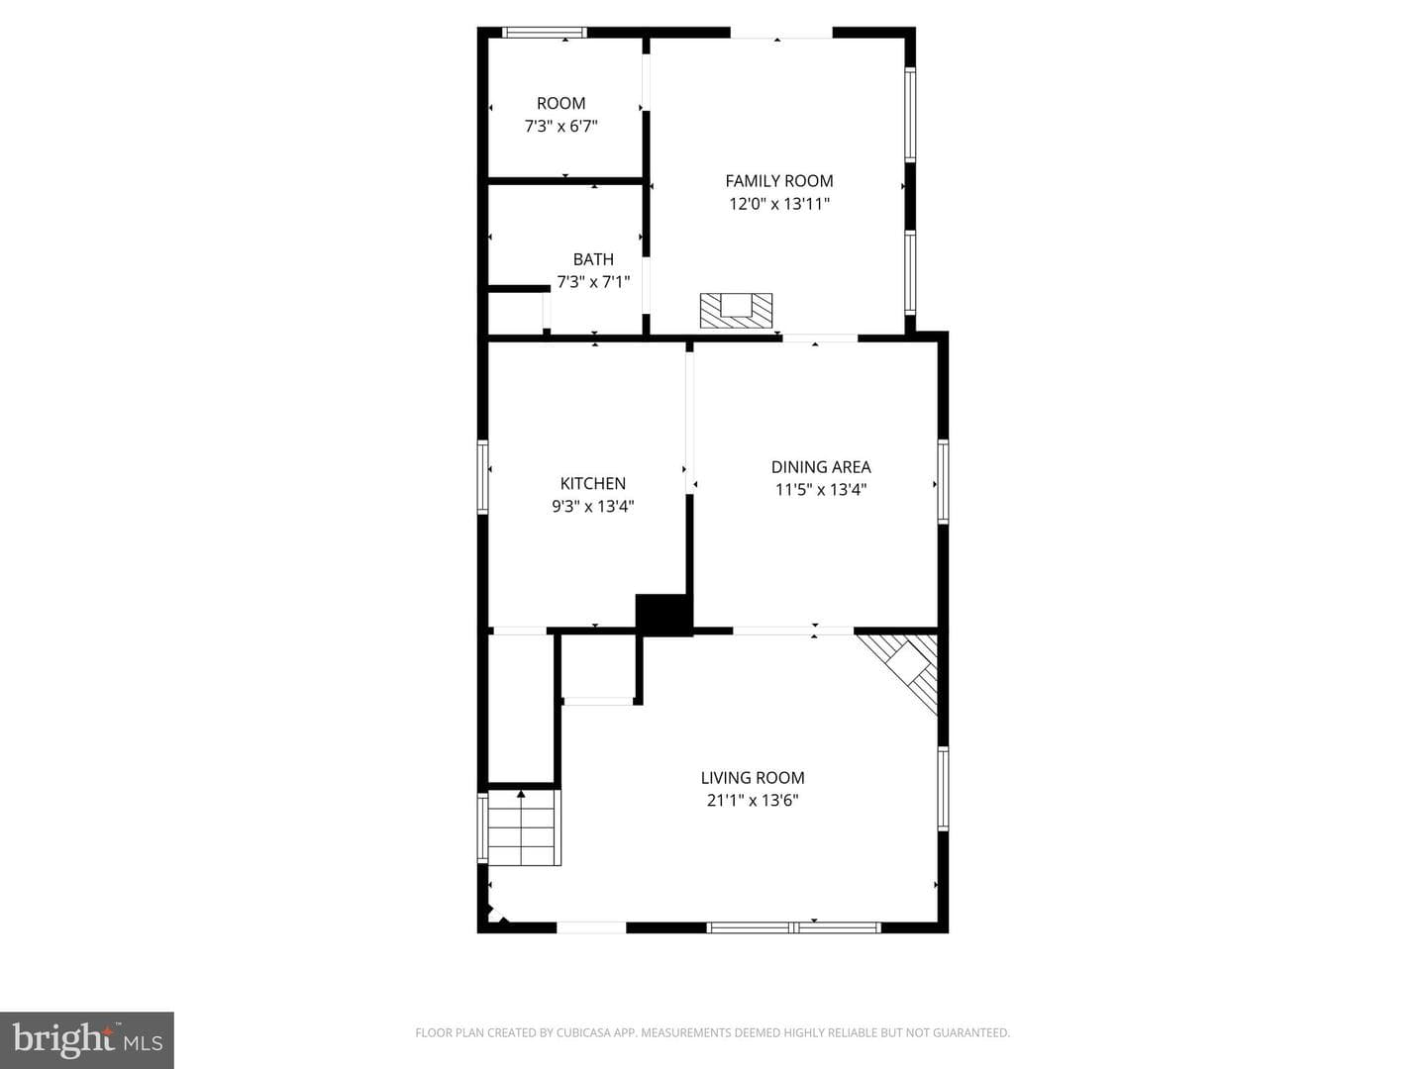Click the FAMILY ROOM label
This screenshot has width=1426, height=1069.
[779, 181]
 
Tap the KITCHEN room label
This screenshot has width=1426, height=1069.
[592, 484]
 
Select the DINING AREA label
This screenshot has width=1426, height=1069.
[821, 466]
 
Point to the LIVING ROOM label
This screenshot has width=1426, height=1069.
[753, 778]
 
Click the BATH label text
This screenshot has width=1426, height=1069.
[593, 259]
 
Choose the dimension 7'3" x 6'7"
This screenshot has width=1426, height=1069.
[560, 126]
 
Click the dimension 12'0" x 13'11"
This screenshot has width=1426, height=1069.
[779, 204]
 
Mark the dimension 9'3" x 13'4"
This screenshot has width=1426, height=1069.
[592, 506]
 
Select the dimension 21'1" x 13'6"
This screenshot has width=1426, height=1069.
[753, 801]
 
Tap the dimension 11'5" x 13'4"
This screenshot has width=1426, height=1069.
[821, 489]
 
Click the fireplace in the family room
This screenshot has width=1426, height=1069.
[736, 310]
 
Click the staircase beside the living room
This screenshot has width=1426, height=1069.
[524, 826]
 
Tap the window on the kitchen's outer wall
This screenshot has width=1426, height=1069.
[482, 477]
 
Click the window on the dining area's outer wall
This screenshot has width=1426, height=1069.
[943, 481]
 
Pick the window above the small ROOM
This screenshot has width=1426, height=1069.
[545, 33]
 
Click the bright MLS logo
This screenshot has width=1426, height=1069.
[87, 1040]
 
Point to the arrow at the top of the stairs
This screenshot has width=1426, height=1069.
[520, 793]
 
